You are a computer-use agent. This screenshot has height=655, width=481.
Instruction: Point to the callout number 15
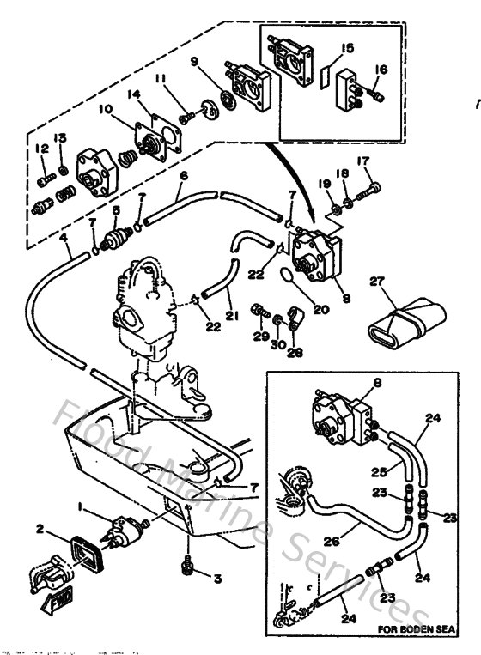pyautogui.click(x=347, y=47)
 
